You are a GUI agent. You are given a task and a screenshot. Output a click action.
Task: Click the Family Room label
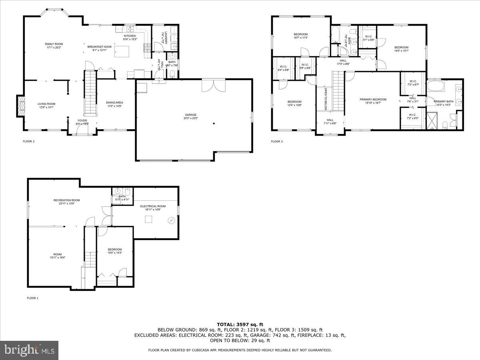54,46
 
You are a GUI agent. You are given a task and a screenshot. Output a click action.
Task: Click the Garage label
190,116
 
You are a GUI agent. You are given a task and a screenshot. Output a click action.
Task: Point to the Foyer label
82,122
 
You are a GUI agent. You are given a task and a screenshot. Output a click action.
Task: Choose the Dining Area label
114,104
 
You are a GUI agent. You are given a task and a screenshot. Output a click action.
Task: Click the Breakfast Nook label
100,48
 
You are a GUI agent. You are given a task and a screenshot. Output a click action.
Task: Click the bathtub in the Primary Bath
435,86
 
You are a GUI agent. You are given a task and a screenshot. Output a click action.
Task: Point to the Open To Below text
326,99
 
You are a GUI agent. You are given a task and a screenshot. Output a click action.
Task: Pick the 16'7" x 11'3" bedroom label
301,36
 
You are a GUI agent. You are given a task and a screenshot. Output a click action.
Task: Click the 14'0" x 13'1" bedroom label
401,49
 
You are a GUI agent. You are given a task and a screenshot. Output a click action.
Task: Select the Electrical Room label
153,208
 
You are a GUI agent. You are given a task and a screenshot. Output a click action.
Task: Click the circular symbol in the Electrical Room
171,220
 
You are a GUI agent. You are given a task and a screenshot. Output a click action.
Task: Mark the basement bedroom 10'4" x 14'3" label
114,251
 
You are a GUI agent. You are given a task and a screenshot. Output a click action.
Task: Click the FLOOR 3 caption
277,141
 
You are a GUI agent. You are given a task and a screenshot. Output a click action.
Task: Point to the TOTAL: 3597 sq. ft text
240,324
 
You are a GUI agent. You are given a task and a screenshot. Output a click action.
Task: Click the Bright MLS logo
29,350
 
